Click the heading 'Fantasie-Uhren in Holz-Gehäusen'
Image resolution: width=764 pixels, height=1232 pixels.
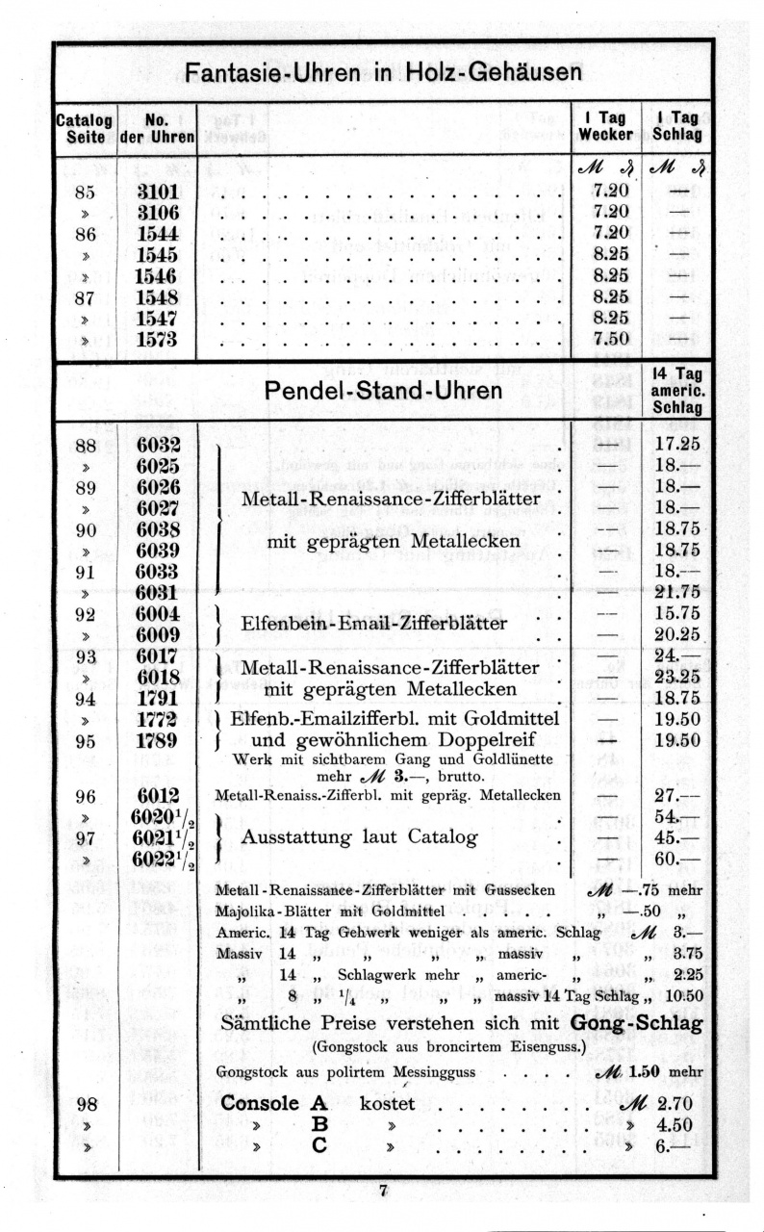[x=383, y=73]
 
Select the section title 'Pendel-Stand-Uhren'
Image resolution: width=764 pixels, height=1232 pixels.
[x=383, y=391]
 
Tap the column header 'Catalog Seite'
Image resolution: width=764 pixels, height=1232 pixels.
[x=85, y=128]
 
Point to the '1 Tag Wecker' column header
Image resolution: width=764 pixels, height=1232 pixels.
[x=605, y=126]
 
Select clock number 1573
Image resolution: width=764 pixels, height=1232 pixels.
[x=157, y=339]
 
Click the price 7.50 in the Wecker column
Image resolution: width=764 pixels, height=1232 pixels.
[x=611, y=339]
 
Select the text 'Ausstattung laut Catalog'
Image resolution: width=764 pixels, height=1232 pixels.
[x=359, y=837]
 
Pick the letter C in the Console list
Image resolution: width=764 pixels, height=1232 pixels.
[x=319, y=1146]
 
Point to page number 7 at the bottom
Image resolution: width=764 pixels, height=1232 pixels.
[x=383, y=1192]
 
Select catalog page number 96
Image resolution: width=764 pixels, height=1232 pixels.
[x=84, y=795]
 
